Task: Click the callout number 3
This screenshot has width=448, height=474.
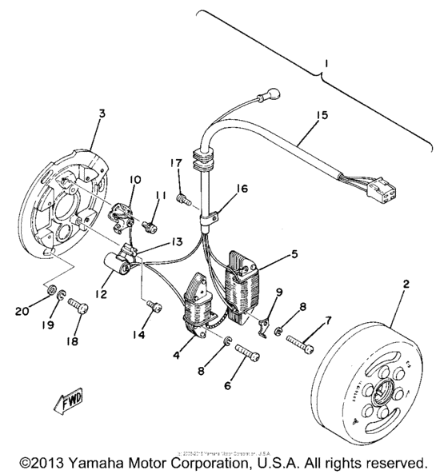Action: pos(101,115)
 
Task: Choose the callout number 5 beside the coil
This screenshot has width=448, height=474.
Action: pos(295,255)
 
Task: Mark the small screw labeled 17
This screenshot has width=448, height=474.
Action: pos(183,194)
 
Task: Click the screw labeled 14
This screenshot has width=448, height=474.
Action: pos(154,307)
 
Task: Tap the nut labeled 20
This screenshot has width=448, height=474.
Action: pos(50,288)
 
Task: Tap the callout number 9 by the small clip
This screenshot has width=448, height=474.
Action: pos(279,292)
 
